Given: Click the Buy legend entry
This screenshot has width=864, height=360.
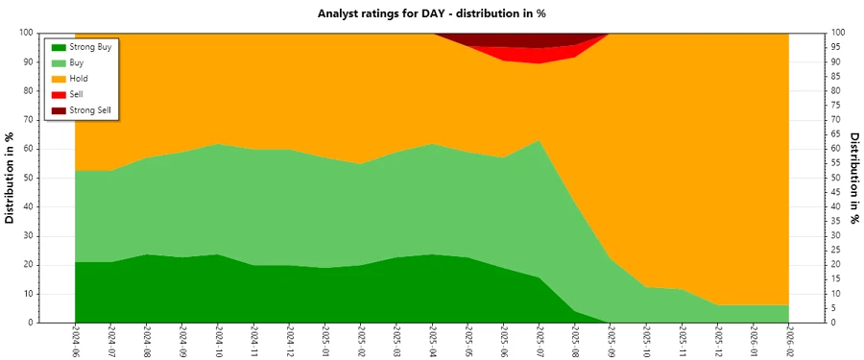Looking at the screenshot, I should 77,62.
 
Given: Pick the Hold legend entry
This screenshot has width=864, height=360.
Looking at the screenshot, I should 79,79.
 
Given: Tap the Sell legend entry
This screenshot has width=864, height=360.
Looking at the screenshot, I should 76,95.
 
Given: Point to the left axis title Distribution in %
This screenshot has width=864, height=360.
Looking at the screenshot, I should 11,178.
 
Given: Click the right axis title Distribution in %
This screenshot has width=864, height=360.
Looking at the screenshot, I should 853,178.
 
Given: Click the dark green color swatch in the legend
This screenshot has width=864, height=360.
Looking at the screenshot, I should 59,46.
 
